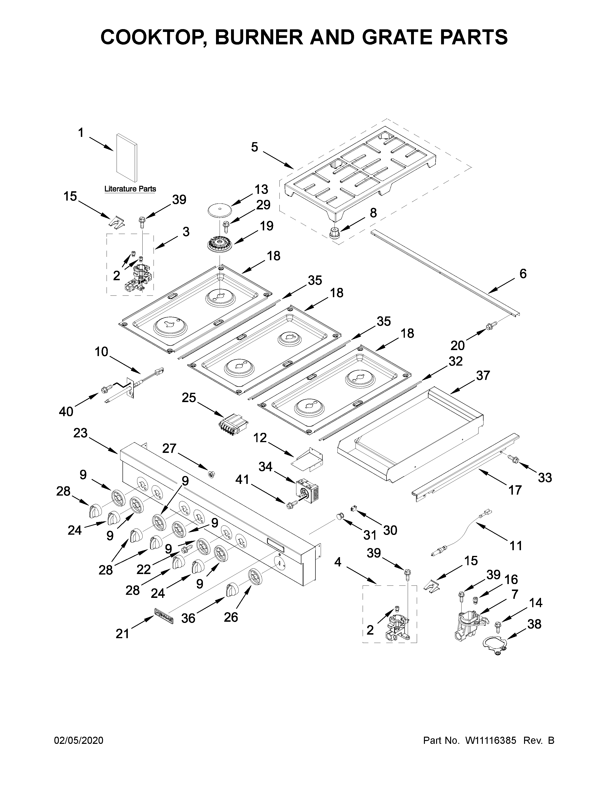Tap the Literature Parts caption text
(x=130, y=189)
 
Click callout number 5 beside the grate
(x=255, y=147)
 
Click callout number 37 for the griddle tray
(x=483, y=375)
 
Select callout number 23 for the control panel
(x=80, y=433)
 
